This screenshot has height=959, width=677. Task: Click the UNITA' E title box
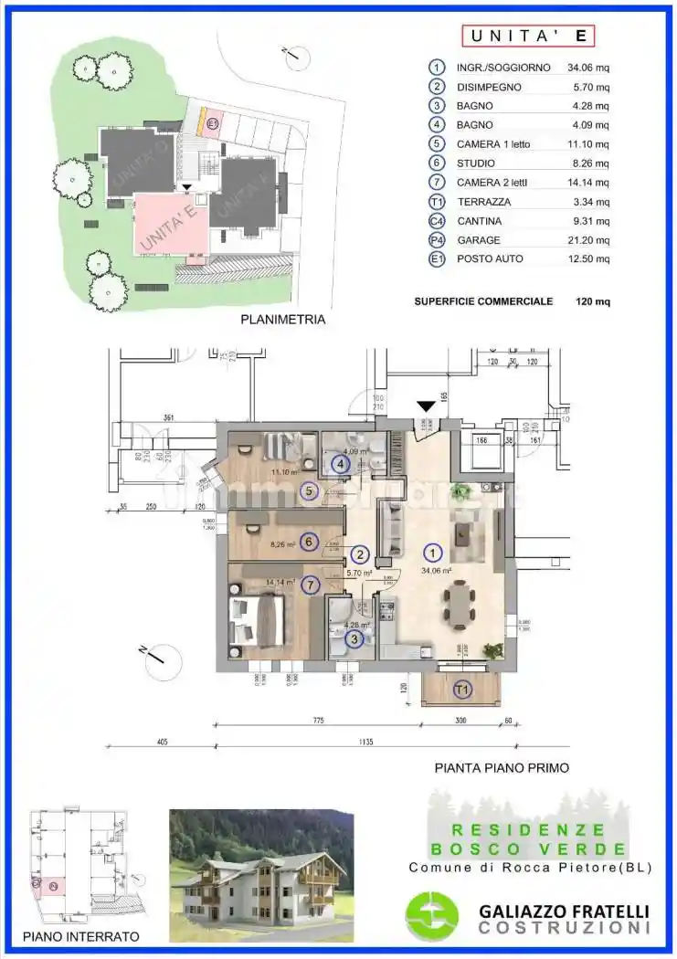coord(529,36)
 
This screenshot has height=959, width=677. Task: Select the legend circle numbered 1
coord(439,67)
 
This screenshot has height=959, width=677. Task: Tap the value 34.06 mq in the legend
coord(589,67)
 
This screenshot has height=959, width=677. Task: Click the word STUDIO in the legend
coord(476,163)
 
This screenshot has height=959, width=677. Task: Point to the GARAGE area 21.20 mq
coord(589,240)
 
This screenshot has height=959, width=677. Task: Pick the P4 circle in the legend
coord(439,240)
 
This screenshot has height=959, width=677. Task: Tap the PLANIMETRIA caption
coord(282,321)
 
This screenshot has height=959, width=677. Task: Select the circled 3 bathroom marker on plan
coord(353,639)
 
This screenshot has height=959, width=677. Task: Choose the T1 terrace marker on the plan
coord(461,689)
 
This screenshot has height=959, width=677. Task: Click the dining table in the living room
coord(459,606)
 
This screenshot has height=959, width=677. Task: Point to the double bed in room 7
coord(259,621)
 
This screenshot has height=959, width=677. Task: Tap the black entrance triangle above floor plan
coord(425,406)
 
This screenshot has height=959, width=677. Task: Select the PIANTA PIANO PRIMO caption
coord(502,768)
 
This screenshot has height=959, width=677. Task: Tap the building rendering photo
coord(261,875)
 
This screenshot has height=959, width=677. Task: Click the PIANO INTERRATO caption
coord(81,936)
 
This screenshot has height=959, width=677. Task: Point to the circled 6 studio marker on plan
coord(309,542)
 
